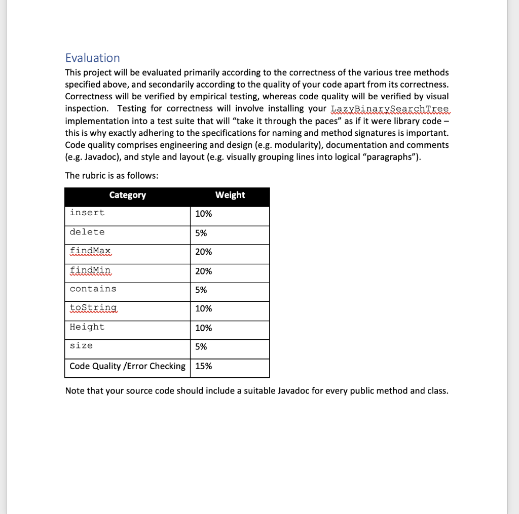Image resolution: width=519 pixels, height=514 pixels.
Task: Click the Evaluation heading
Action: click(x=93, y=58)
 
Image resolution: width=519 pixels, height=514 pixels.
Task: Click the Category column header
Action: click(x=127, y=195)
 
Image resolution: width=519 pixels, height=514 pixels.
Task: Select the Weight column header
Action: click(x=230, y=195)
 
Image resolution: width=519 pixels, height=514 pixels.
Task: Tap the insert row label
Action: click(x=87, y=213)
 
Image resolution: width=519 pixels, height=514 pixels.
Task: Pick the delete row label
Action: click(x=87, y=232)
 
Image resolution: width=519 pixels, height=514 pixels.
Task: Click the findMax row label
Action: click(x=91, y=251)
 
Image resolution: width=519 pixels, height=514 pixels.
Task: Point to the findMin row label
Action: click(x=91, y=270)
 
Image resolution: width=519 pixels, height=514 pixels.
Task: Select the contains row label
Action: click(x=93, y=289)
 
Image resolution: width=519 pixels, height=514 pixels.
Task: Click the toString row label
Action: click(x=93, y=308)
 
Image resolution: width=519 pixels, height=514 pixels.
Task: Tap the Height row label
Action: click(x=87, y=327)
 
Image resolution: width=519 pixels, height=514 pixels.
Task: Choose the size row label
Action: click(x=81, y=346)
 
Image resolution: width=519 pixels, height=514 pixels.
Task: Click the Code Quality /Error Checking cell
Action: click(x=127, y=366)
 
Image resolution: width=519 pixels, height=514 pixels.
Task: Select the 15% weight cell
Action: click(x=203, y=366)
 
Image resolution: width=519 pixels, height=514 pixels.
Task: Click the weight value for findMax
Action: click(x=203, y=252)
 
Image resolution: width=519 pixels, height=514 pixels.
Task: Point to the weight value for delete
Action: click(x=201, y=233)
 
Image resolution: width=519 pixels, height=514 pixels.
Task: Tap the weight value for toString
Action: click(x=203, y=308)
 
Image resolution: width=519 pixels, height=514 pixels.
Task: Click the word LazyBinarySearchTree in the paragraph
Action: click(x=389, y=109)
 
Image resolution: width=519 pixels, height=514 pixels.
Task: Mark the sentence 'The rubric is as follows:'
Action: click(x=112, y=176)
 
